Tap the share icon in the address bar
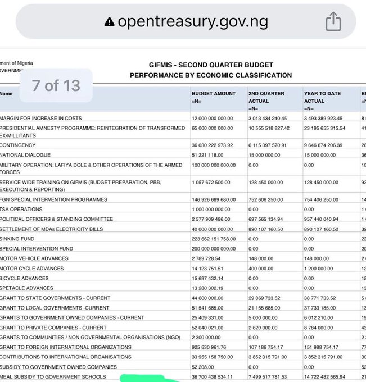333,22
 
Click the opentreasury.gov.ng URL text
193,22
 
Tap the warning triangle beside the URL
109,22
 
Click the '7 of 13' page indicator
56,85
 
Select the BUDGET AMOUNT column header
214,93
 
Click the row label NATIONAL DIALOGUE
33,154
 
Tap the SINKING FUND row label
18,239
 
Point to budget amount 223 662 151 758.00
219,239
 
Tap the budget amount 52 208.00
204,366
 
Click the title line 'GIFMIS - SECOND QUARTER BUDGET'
211,65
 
